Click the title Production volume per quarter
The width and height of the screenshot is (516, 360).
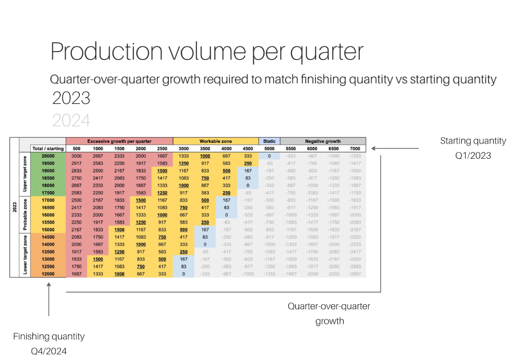(x=207, y=52)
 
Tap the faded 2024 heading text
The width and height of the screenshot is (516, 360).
(x=71, y=120)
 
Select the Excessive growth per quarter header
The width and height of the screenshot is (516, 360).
(x=119, y=141)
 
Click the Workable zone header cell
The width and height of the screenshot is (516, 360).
(x=216, y=141)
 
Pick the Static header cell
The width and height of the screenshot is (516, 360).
(x=269, y=141)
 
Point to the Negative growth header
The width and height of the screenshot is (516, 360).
(x=323, y=141)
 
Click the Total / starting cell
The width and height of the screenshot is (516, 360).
(x=48, y=149)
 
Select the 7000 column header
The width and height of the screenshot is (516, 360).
(x=355, y=149)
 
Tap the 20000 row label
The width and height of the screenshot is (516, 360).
(x=48, y=156)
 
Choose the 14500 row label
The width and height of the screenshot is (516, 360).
(x=48, y=237)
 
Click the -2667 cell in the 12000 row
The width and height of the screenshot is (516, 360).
(x=355, y=274)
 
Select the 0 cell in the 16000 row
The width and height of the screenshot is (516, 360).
(x=226, y=215)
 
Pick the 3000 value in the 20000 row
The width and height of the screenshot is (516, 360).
(x=76, y=156)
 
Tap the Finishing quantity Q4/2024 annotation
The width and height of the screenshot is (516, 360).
(x=49, y=344)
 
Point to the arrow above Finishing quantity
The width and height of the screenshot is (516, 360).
(x=49, y=300)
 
